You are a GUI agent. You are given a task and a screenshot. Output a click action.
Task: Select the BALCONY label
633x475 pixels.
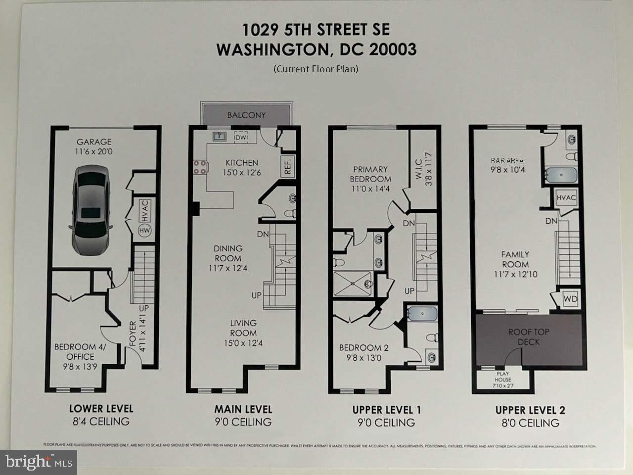click(x=246, y=115)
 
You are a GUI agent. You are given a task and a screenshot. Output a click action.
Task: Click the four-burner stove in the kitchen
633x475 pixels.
click(x=199, y=167)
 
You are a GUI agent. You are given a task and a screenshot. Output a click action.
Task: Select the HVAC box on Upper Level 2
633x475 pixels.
click(x=566, y=198)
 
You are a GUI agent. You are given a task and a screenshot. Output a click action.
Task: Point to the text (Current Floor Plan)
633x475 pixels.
click(x=316, y=69)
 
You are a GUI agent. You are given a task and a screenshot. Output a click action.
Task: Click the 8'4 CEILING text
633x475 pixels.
click(x=101, y=422)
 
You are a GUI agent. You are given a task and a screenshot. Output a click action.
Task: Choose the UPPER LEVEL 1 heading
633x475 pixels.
click(x=386, y=410)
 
